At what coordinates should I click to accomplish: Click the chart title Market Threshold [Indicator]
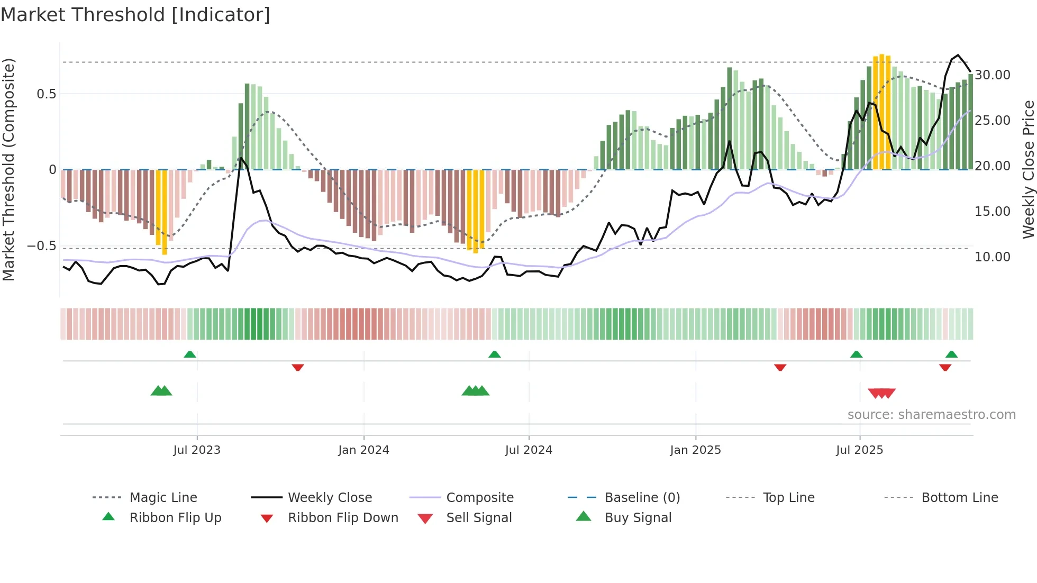(x=135, y=15)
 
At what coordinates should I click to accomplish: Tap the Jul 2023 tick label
(x=197, y=450)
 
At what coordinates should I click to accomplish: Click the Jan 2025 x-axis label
(x=695, y=450)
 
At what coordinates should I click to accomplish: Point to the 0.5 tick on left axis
(x=47, y=94)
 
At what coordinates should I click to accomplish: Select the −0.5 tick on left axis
(x=42, y=246)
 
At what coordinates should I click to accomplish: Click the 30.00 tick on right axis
(x=993, y=75)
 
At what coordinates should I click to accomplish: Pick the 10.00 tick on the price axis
(x=993, y=257)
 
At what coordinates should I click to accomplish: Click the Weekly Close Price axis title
(x=1028, y=169)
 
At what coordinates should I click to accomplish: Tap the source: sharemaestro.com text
(x=931, y=415)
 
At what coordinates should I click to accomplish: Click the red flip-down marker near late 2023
(x=298, y=367)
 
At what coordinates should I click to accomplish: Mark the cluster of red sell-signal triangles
(x=882, y=393)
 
